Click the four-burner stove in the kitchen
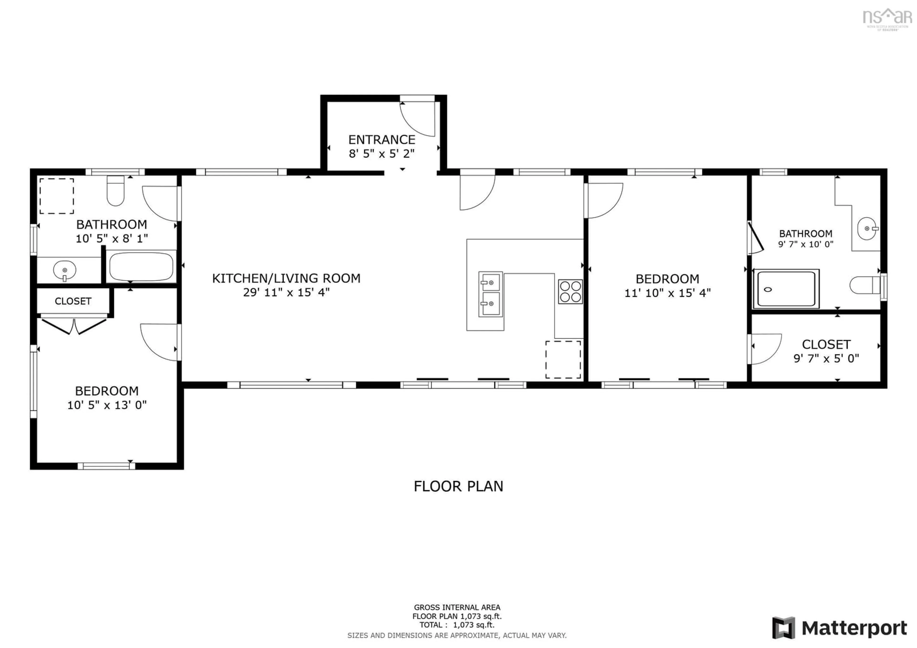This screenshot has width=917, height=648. click(570, 292)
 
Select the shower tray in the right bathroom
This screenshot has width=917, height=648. click(786, 289)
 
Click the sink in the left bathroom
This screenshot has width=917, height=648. click(64, 270)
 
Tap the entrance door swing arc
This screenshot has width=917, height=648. click(417, 119)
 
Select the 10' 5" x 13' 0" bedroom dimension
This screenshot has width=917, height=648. click(107, 405)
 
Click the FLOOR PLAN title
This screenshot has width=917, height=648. click(458, 486)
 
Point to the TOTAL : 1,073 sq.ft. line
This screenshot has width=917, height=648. click(457, 625)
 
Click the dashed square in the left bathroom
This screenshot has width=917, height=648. click(56, 196)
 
